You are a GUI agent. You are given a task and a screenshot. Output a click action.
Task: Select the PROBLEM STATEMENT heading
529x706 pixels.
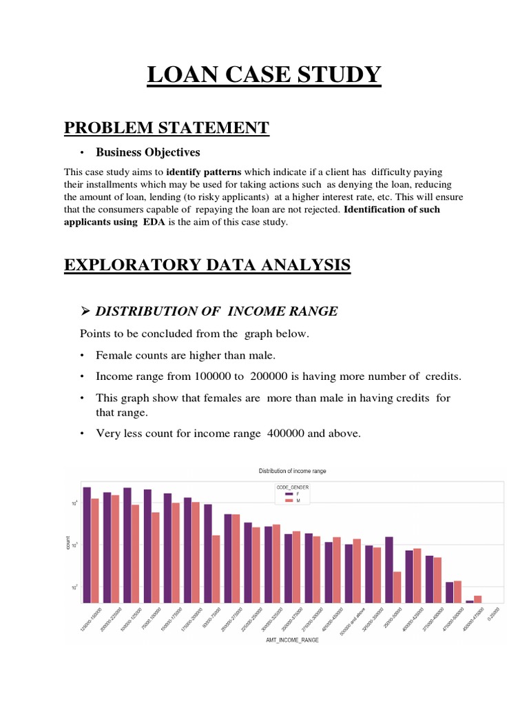tap(166, 128)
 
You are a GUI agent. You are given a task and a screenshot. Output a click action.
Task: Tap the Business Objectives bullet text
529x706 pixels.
tap(147, 152)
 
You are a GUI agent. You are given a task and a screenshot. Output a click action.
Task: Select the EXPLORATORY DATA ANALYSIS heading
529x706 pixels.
tap(207, 265)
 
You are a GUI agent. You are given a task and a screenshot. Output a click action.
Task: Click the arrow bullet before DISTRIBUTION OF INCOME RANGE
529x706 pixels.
tap(85, 311)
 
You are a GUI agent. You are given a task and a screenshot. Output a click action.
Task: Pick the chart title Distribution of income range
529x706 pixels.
tap(292, 471)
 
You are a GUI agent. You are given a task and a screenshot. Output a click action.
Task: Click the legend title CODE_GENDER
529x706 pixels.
tap(293, 487)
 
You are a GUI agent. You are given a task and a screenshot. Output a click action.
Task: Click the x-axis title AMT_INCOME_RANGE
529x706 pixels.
tap(291, 639)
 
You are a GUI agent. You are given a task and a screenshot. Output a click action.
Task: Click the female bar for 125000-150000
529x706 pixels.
tap(87, 545)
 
